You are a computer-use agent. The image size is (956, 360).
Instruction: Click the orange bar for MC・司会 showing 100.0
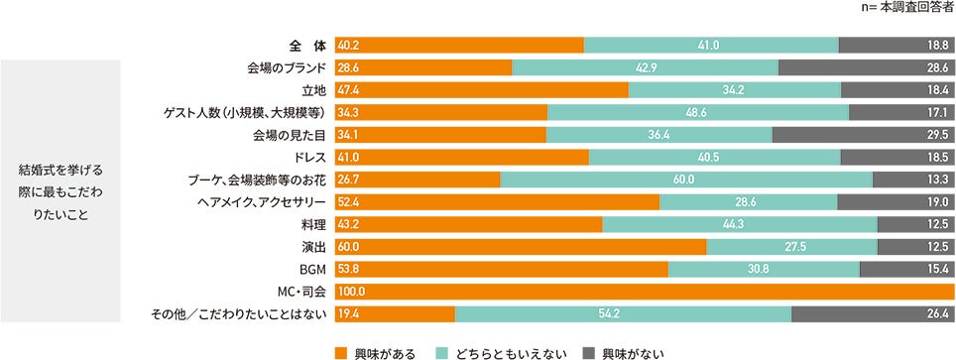pos(645,292)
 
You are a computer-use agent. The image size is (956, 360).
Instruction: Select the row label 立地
pos(313,90)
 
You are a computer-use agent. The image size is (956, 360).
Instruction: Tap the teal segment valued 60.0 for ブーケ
pos(685,180)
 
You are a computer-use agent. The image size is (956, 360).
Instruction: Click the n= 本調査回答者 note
pos(909,8)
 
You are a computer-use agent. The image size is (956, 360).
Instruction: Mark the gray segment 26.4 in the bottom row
pos(873,314)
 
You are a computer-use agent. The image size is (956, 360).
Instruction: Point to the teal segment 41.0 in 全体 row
pos(711,45)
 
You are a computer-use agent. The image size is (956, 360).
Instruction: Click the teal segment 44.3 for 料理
pos(739,224)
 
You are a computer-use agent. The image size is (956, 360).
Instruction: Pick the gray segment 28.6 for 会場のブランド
pos(866,67)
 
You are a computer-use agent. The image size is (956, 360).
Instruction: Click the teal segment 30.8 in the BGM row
pos(764,269)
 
